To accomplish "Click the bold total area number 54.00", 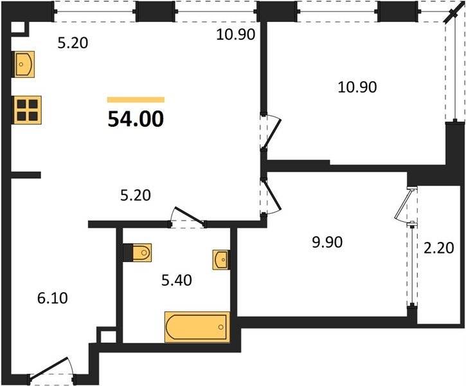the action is [x=136, y=118].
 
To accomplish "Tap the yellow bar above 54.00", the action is [x=136, y=100].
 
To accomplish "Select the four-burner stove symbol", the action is [x=27, y=110].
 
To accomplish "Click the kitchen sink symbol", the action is [x=23, y=64].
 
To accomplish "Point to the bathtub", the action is [x=197, y=327].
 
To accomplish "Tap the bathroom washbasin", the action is [x=221, y=260].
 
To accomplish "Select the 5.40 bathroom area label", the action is [x=177, y=280].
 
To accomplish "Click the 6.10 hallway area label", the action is [x=53, y=298].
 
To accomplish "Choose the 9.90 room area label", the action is [x=327, y=242].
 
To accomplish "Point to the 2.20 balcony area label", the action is [x=439, y=248].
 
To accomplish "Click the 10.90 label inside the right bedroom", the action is [x=357, y=87].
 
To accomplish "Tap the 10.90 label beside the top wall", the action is [x=236, y=35].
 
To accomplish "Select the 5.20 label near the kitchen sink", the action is [x=73, y=43].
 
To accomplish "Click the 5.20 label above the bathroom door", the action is [x=136, y=196].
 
